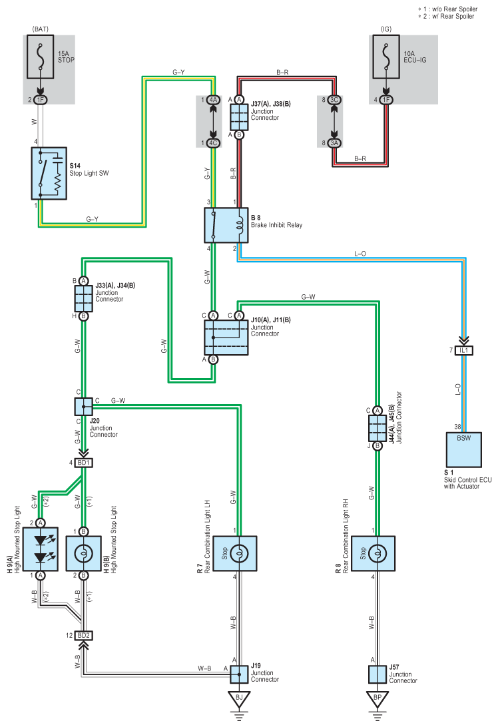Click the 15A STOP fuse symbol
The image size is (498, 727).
tap(41, 57)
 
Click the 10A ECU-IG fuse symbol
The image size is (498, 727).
tap(385, 57)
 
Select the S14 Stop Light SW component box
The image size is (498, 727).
tap(49, 173)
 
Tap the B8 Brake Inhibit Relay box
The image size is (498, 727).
tap(226, 225)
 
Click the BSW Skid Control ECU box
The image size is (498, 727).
tap(463, 450)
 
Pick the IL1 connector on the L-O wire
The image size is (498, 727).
tap(463, 350)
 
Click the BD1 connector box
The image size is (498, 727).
tap(83, 463)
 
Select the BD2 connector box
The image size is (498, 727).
tap(83, 635)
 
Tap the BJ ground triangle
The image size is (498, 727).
tap(239, 699)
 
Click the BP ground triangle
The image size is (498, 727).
tap(377, 699)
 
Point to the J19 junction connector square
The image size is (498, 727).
tap(239, 674)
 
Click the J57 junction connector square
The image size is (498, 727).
tap(377, 674)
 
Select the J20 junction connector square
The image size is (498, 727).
tap(83, 407)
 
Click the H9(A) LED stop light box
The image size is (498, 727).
tap(41, 549)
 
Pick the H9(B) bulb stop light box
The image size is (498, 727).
tap(83, 554)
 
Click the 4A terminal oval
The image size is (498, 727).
tap(213, 100)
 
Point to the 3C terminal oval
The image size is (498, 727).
tap(334, 100)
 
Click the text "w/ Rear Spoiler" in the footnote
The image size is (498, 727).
tap(453, 16)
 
